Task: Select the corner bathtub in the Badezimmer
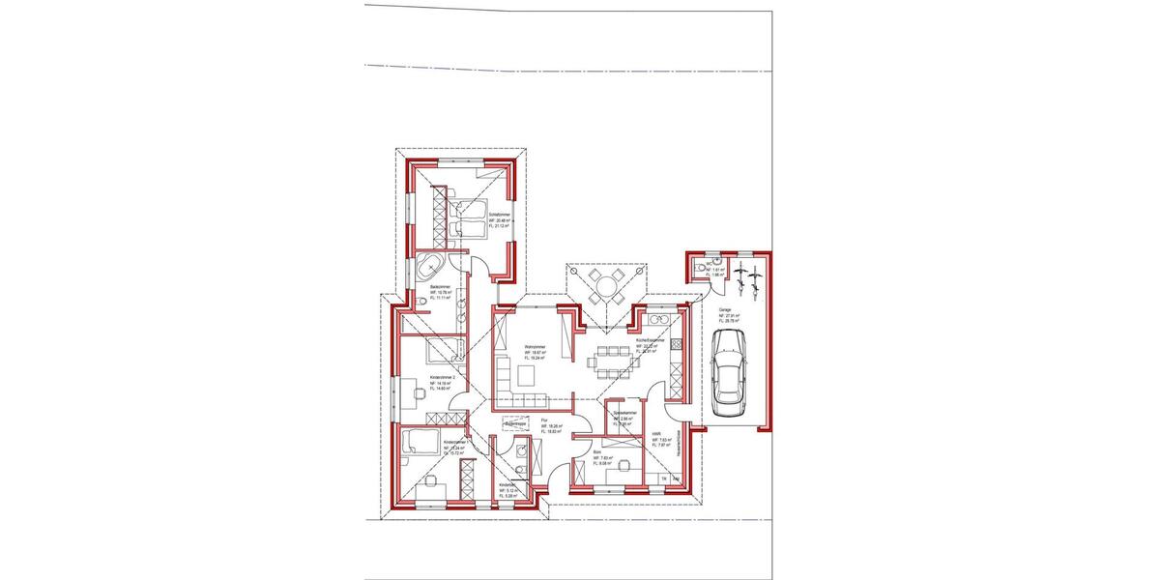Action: [x=430, y=267]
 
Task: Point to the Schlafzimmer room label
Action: [x=500, y=214]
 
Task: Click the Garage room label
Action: [x=724, y=311]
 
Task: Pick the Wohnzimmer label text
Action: [x=536, y=347]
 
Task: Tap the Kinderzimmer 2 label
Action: [x=442, y=377]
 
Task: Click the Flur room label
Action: [x=545, y=420]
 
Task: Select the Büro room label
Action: [x=598, y=451]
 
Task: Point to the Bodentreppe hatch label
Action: [x=514, y=423]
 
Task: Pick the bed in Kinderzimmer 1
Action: [x=419, y=443]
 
